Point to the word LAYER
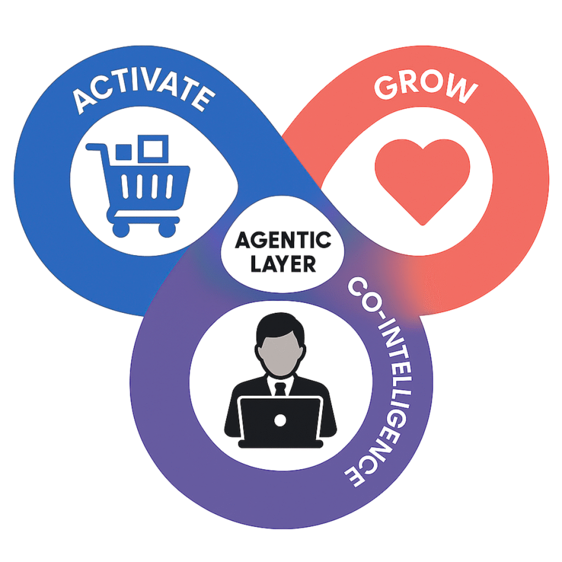(x=282, y=264)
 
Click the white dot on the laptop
(x=280, y=420)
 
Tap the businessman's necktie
(x=280, y=390)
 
